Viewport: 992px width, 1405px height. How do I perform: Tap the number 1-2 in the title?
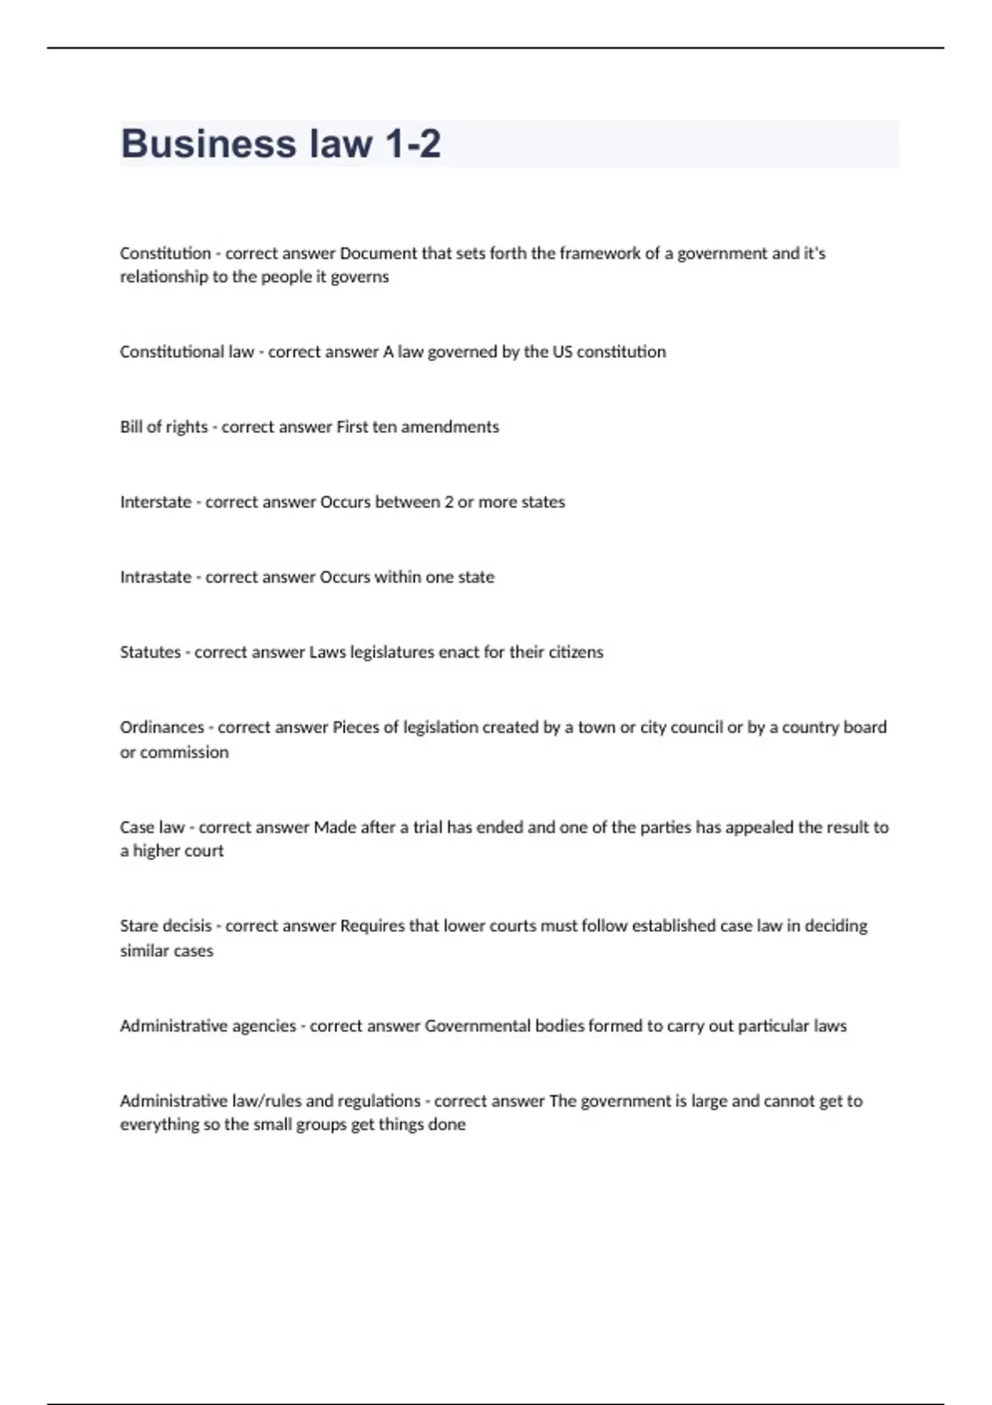coord(413,144)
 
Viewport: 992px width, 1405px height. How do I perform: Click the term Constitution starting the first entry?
coord(165,253)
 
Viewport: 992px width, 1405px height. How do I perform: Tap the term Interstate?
coord(155,502)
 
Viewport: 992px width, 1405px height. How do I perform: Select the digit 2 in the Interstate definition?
coord(449,502)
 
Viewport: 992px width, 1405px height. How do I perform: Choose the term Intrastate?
coord(155,577)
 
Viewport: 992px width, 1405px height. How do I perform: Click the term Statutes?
coord(150,652)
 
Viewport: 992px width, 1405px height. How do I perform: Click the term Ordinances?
coord(162,727)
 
